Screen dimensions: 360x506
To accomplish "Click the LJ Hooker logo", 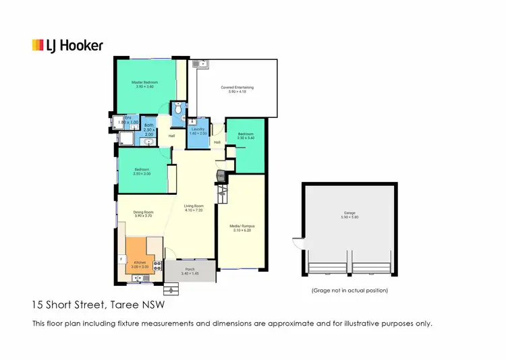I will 67,46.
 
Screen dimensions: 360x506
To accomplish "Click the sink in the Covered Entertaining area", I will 197,65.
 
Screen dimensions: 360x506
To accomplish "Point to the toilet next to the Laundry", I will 177,110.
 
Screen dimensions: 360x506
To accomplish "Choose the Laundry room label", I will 198,130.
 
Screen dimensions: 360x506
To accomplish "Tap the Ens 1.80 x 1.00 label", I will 129,121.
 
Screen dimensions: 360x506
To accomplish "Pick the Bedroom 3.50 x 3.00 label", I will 142,171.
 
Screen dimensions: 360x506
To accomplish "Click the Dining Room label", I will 144,214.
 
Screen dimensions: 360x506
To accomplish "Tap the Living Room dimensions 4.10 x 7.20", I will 194,211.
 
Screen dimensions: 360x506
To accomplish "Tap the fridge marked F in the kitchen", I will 121,258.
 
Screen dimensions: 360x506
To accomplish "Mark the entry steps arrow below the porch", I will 170,290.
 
